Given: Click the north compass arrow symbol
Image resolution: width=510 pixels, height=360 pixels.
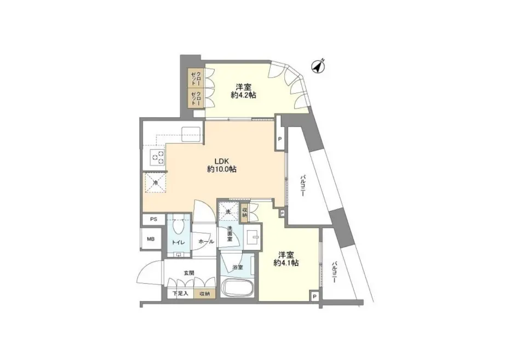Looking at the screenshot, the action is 317,67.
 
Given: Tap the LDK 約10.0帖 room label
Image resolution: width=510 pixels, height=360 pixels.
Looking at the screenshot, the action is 222,165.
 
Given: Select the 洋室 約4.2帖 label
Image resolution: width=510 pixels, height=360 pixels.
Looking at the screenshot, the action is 244,92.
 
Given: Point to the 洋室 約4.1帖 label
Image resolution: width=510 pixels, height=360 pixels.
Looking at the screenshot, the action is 286,259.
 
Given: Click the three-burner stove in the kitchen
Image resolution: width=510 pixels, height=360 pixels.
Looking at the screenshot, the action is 157,157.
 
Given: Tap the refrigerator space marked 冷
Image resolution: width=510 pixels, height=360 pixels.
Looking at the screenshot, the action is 155,182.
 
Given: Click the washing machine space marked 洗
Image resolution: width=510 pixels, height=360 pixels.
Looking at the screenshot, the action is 229,212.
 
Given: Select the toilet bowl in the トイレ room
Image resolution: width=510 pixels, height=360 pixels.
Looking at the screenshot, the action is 178,227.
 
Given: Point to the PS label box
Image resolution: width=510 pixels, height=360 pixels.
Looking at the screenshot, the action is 153,220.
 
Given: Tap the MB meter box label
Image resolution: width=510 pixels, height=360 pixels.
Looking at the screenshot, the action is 151,239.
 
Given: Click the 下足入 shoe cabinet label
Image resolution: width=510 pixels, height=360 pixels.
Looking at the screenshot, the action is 181,294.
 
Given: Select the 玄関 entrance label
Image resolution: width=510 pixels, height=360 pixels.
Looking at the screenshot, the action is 189,273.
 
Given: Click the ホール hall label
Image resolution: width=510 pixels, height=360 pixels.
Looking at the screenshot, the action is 206,242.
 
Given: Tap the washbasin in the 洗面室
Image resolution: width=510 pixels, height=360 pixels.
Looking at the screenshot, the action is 252,237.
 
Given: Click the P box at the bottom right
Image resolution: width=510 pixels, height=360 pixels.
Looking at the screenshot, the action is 314,296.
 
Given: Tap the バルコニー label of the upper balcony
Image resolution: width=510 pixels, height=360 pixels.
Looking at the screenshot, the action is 302,185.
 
